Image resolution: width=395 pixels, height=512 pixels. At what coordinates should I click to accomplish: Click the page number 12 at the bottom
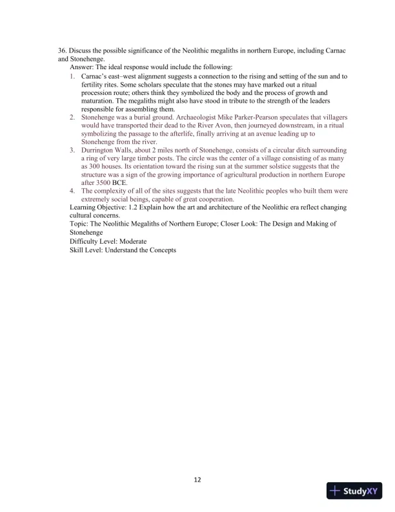coord(197,480)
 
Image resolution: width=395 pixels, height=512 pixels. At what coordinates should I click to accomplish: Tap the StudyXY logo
coord(356,491)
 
